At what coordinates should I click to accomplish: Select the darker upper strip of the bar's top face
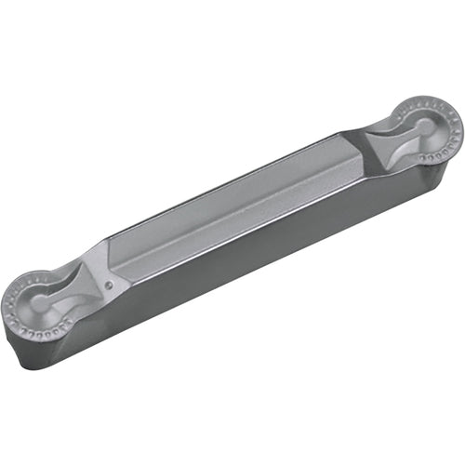[232, 191]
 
